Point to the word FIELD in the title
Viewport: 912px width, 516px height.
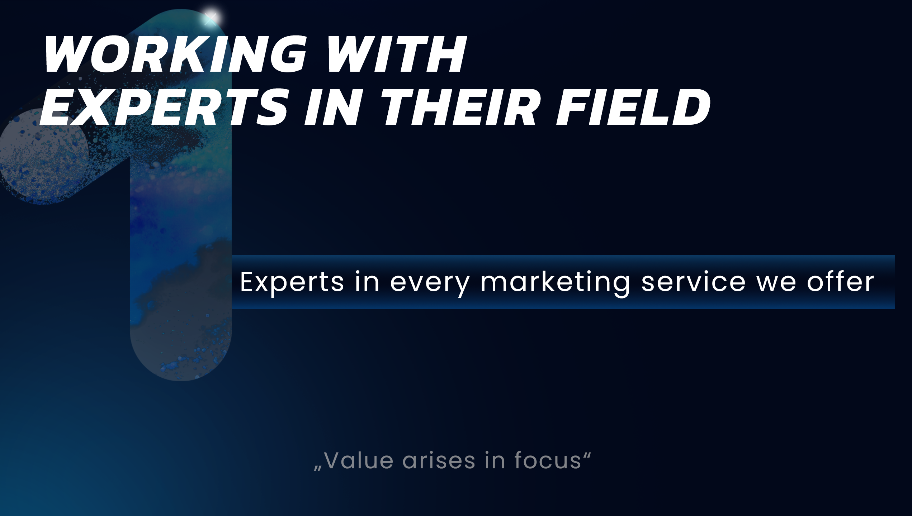point(633,107)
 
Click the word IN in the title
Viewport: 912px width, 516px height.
point(332,107)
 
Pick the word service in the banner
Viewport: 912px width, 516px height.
point(693,282)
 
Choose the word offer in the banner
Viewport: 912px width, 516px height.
point(840,282)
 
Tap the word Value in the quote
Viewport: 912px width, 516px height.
point(359,460)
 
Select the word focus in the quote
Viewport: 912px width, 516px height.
point(548,460)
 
